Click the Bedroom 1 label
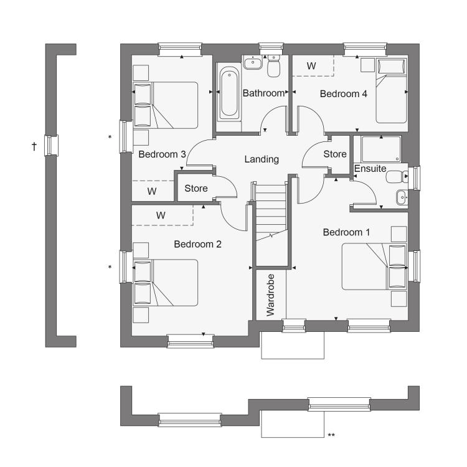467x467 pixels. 346,232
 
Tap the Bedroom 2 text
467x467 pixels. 198,244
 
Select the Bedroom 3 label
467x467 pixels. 162,154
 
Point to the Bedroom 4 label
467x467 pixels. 343,94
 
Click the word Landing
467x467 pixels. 262,159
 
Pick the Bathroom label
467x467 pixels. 263,93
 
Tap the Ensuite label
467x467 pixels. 370,169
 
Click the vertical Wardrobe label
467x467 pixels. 270,295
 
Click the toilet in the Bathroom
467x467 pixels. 274,65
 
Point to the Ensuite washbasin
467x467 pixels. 402,197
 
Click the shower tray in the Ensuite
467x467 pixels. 381,149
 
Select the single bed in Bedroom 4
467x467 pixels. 392,90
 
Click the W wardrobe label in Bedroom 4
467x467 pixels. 311,66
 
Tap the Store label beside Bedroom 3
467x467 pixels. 196,188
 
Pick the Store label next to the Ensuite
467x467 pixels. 335,154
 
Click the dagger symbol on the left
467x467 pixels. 34,146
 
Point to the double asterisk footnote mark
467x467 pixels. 331,435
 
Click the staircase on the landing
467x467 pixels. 271,213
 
